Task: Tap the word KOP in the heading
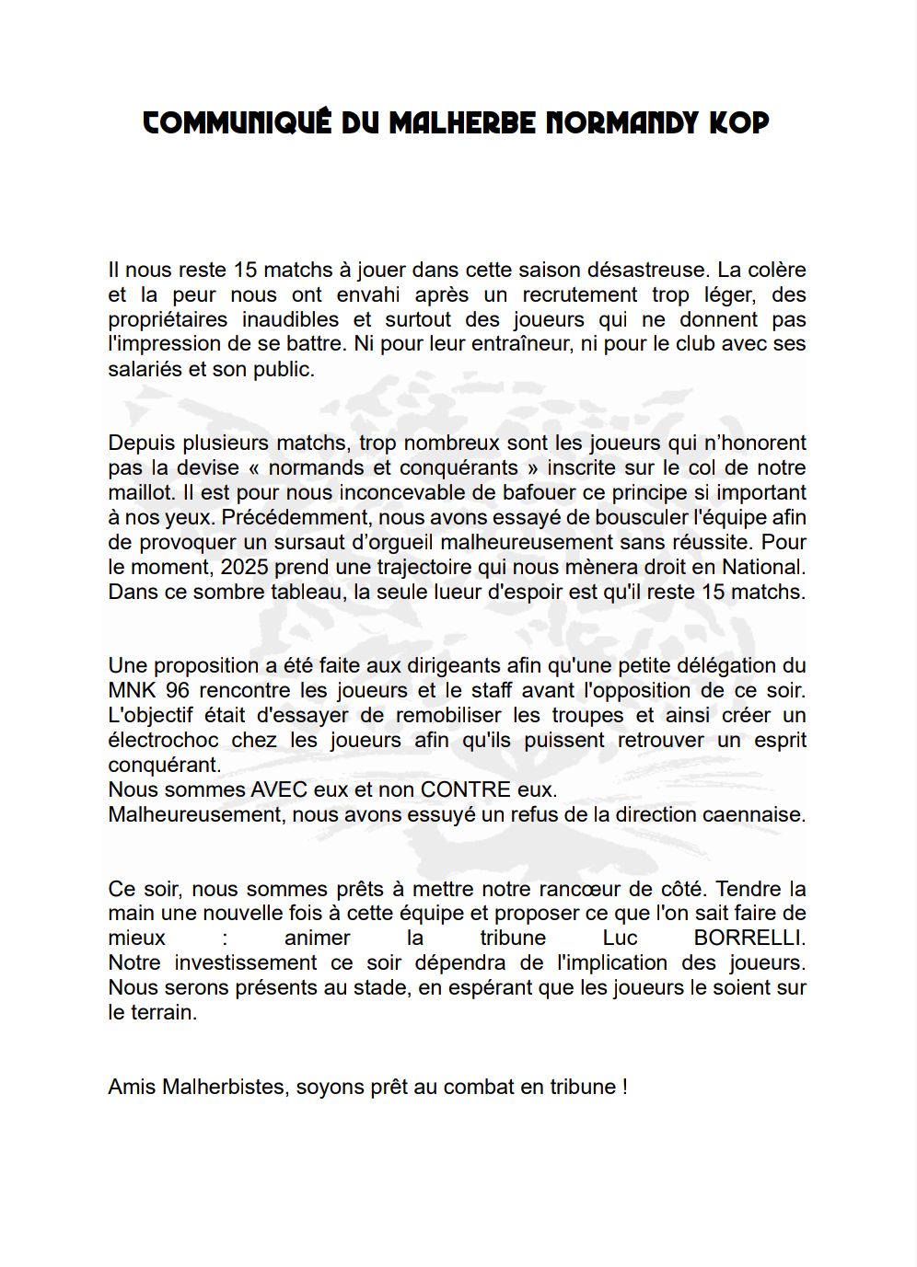pos(738,123)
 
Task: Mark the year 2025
pos(244,568)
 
